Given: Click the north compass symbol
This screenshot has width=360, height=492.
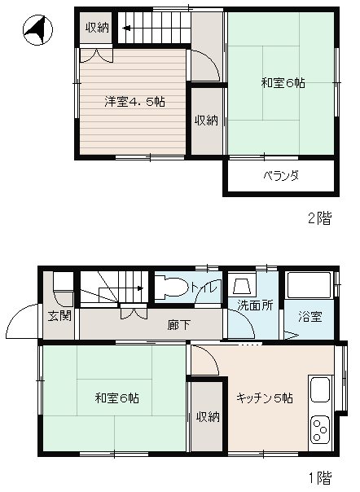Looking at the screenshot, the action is (37, 30).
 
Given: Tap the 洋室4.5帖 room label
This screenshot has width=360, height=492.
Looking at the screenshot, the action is (134, 102).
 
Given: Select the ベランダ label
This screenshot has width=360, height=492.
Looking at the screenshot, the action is (281, 175).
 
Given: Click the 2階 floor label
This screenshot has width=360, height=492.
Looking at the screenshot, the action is (319, 218).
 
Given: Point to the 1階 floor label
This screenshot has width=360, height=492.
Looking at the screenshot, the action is (320, 478).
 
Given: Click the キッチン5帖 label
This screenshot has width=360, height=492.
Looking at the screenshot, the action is (265, 398).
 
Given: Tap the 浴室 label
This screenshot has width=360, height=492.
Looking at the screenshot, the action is (310, 317).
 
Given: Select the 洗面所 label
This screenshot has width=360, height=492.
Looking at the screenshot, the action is (255, 305).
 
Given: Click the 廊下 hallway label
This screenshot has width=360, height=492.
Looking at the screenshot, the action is (178, 325).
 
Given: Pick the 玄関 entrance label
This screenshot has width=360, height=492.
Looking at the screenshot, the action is (59, 316).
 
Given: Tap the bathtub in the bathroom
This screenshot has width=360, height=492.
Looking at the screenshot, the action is (310, 285).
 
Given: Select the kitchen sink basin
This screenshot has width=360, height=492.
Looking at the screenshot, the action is (320, 389).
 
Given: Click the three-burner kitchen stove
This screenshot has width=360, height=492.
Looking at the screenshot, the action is (320, 429).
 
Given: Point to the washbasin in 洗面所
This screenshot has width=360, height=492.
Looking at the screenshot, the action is (242, 285).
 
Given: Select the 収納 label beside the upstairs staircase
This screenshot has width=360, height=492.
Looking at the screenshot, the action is (97, 28).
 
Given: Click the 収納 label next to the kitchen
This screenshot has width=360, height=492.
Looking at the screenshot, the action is (208, 417).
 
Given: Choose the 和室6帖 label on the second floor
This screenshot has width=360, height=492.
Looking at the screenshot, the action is (283, 83).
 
